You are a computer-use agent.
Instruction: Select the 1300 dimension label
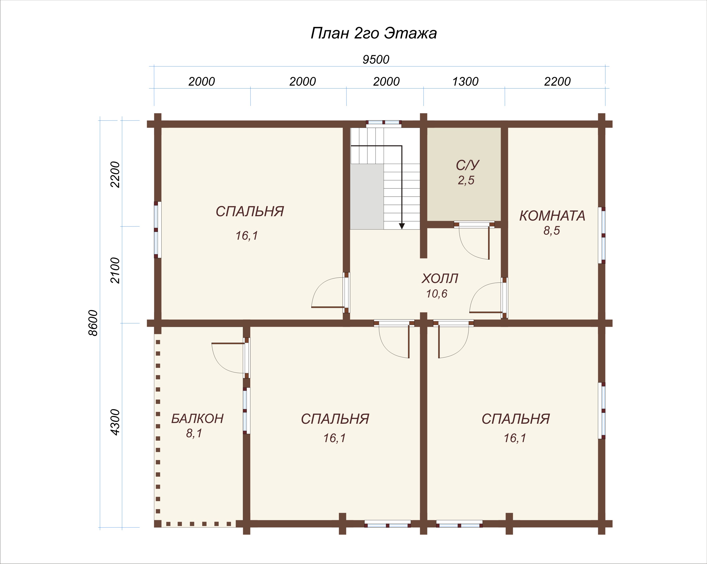click(465, 81)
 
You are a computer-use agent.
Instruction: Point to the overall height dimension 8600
click(93, 323)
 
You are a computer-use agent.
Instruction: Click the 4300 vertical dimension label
click(115, 422)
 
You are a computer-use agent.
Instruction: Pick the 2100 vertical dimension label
click(115, 271)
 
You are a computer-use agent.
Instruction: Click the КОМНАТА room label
click(552, 216)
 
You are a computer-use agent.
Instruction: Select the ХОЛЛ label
click(440, 278)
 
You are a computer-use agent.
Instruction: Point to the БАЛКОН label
click(197, 419)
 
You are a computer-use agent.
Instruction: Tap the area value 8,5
click(551, 231)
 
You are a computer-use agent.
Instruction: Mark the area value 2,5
click(466, 180)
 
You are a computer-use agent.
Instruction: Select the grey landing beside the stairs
click(367, 196)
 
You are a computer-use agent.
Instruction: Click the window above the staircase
click(384, 124)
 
